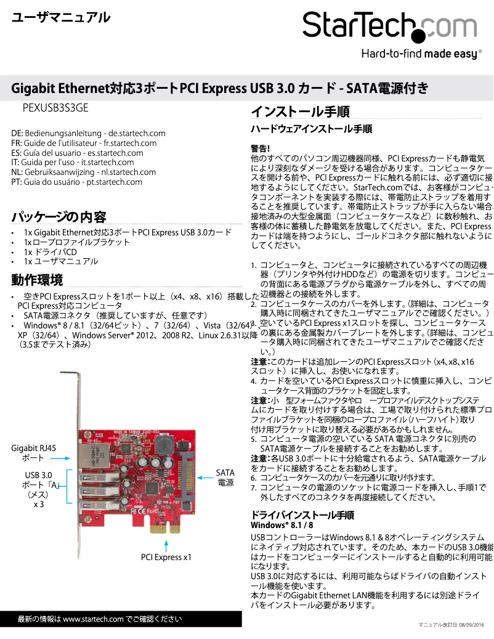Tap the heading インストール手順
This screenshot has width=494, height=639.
(300, 112)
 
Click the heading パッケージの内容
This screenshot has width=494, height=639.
(59, 217)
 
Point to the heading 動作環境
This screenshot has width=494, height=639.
(37, 280)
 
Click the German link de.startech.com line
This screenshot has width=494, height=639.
(88, 133)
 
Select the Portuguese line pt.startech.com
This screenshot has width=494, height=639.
(76, 182)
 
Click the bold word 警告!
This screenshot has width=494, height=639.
(261, 149)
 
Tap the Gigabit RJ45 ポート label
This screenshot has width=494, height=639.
(34, 453)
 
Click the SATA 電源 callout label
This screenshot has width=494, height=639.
(225, 478)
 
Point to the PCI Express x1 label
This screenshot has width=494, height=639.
(166, 557)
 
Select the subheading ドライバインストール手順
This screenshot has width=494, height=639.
(302, 515)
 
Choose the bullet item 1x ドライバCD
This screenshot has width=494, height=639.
(51, 252)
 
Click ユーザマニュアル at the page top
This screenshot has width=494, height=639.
(61, 18)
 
